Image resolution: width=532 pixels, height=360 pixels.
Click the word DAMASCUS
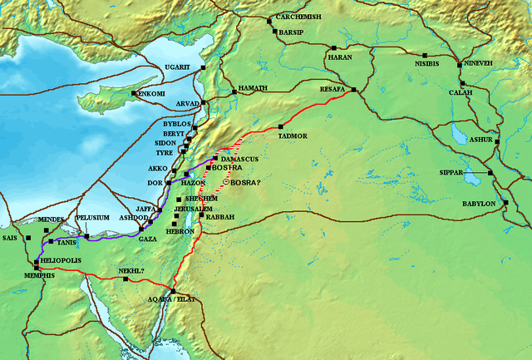[x=241, y=158]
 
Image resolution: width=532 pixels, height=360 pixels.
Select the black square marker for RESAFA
[x=353, y=90]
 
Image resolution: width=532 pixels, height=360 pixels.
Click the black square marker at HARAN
[x=332, y=48]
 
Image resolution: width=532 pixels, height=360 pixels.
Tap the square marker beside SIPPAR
[x=490, y=173]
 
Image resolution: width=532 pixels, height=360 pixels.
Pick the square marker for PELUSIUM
[x=86, y=237]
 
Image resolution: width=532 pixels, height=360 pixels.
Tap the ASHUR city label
[x=480, y=141]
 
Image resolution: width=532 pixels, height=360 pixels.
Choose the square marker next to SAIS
[x=27, y=238]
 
